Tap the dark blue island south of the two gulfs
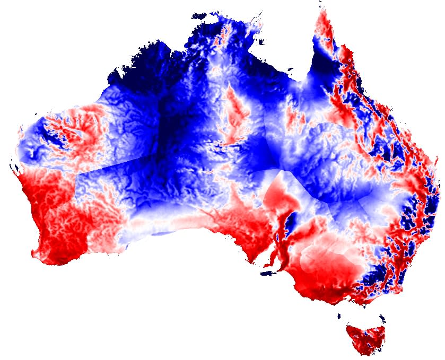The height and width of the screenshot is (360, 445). coord(269,274)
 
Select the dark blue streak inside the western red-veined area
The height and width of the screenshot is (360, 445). coord(54,135)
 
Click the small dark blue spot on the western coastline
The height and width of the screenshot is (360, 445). coord(16,170)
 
